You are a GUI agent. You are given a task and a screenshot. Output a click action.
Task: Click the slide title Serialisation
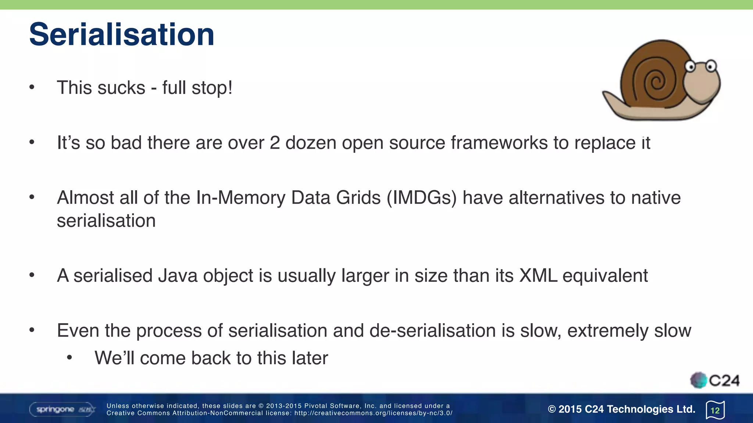[121, 35]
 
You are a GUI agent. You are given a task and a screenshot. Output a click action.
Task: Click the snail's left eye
[690, 67]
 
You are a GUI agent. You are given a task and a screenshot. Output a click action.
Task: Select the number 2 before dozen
[275, 143]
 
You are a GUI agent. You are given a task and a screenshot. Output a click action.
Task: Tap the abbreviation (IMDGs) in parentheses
[421, 198]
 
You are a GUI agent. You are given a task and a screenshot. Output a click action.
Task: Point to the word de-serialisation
[432, 331]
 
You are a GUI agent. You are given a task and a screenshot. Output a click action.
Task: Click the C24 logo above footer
[715, 380]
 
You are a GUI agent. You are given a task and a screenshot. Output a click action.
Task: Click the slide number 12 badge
[715, 410]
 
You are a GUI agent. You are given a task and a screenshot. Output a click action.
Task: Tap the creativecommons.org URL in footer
[373, 413]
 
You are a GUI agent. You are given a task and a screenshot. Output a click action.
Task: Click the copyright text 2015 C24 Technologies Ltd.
[621, 409]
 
